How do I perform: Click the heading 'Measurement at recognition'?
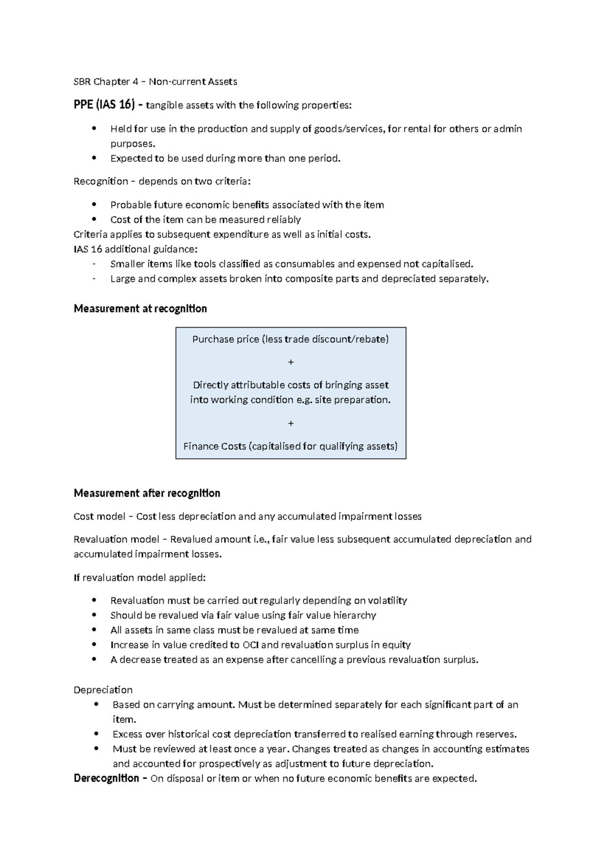(x=140, y=309)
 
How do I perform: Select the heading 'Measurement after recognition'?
(x=146, y=493)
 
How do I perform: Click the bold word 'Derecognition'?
(x=106, y=778)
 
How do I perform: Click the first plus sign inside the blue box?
(x=291, y=362)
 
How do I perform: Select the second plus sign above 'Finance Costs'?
(x=291, y=423)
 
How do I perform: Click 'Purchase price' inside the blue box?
(x=225, y=339)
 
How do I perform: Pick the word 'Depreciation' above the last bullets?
(x=103, y=689)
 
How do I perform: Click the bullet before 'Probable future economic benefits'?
(x=94, y=205)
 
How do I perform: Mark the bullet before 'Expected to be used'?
(x=94, y=158)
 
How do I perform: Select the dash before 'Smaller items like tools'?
(x=94, y=264)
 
